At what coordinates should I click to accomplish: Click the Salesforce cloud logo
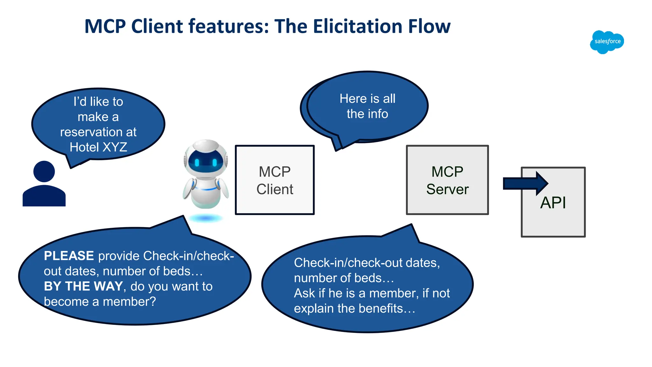point(607,42)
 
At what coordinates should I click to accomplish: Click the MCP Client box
point(274,180)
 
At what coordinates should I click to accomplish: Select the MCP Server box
point(447,180)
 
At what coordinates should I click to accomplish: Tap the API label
point(553,203)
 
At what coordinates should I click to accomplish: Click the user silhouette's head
point(44,171)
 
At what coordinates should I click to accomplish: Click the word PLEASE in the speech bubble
point(69,256)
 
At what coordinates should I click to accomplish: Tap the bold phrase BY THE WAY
point(83,286)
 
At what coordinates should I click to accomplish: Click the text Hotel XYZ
point(98,147)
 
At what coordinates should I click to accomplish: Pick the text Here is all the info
point(367,106)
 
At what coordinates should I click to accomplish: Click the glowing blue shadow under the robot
point(206,218)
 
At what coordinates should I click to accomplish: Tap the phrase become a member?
point(100,301)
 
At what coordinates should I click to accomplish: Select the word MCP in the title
point(105,26)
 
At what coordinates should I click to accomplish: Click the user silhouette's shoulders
point(44,196)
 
